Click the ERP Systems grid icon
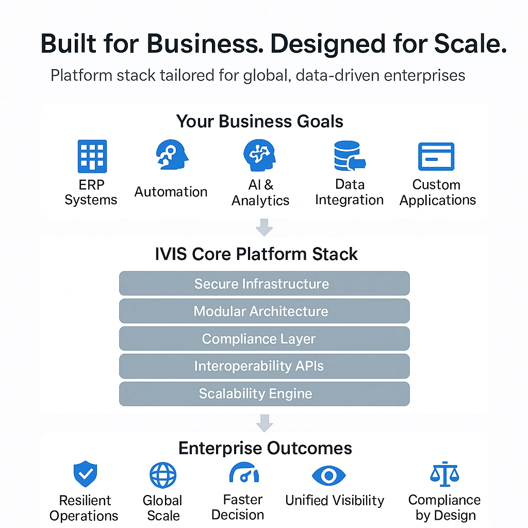[x=92, y=156]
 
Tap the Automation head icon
[x=171, y=155]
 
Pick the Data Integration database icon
[x=349, y=156]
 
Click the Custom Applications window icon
[x=436, y=156]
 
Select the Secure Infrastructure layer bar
[x=264, y=284]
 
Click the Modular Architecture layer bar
[x=264, y=311]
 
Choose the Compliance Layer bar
[x=264, y=339]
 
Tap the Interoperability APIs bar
[x=264, y=366]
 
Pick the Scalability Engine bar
[x=264, y=394]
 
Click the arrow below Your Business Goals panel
[x=264, y=226]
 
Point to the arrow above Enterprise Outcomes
[x=264, y=423]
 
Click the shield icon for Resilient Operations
[x=85, y=474]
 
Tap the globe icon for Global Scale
[x=163, y=475]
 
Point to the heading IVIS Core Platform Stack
[x=256, y=254]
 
